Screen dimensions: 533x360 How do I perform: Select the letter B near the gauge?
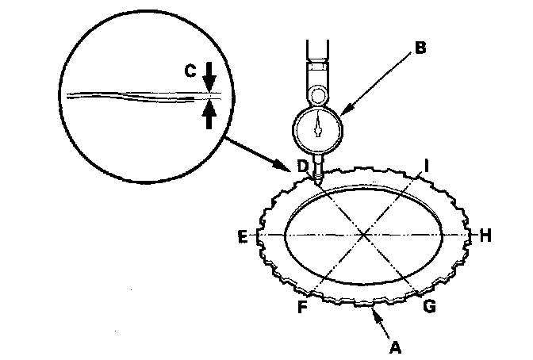[420, 48]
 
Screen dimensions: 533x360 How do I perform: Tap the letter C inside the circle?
[190, 71]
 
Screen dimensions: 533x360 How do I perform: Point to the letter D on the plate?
[302, 165]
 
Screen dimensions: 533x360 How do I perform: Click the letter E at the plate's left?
[242, 236]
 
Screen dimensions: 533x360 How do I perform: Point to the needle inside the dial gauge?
[317, 124]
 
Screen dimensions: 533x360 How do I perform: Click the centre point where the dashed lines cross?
[364, 234]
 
